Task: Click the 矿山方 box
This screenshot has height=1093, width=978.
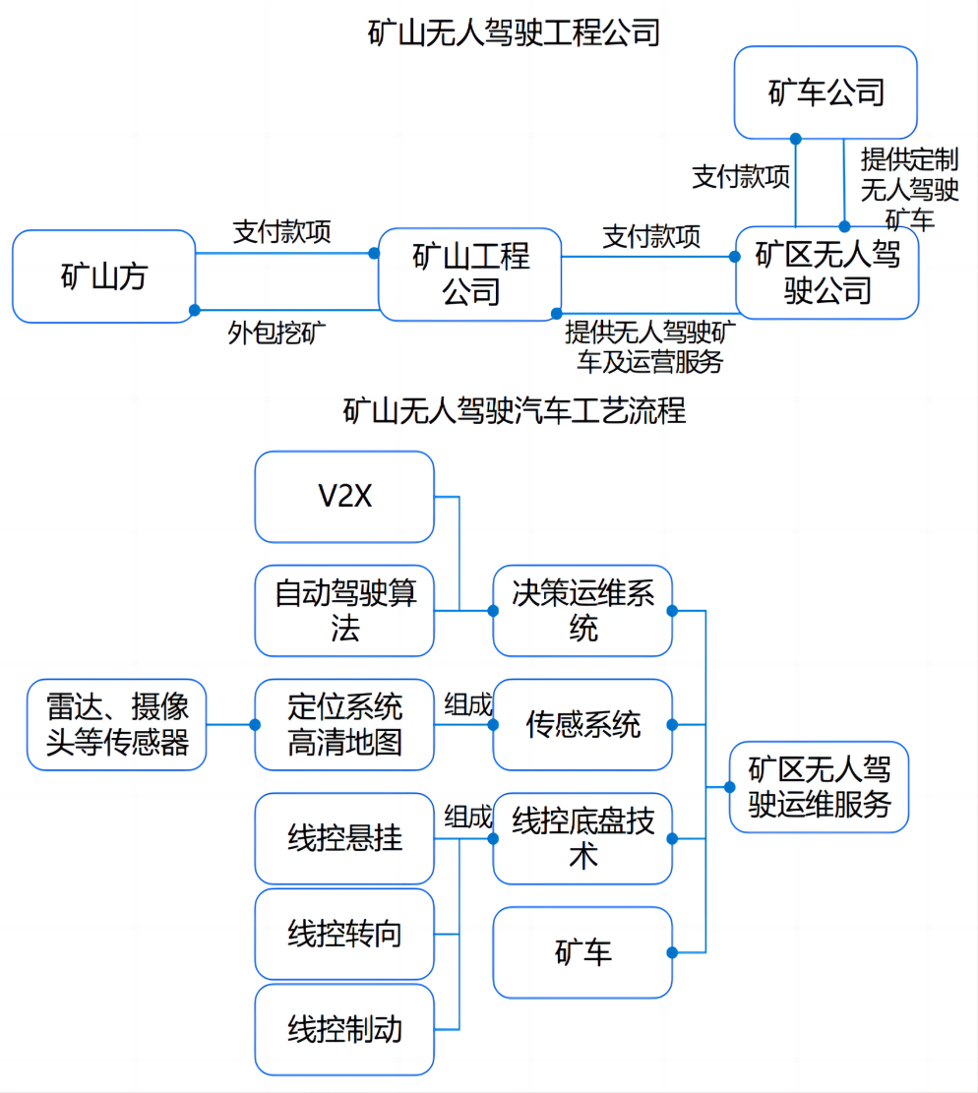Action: tap(103, 276)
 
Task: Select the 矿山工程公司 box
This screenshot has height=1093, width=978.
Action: tap(469, 274)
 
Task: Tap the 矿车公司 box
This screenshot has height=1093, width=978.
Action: tap(825, 92)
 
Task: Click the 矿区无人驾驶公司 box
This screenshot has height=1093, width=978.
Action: tap(827, 273)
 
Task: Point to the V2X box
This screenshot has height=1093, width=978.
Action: tap(344, 497)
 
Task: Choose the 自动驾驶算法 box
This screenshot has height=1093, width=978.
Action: tap(344, 611)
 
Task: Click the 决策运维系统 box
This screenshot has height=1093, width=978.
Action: tap(582, 611)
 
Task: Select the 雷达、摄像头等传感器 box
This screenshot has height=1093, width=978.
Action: tap(117, 724)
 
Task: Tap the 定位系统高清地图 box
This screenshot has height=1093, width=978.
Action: tap(344, 724)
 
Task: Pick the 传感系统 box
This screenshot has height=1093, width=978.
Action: tap(582, 725)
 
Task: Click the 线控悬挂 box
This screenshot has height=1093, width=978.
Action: tap(344, 838)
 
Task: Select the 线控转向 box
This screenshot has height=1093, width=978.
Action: tap(344, 934)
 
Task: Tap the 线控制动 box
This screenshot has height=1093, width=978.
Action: tap(344, 1029)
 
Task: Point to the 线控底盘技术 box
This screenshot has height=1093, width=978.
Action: tap(582, 838)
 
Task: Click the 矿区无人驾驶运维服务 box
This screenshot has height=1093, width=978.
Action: tap(819, 787)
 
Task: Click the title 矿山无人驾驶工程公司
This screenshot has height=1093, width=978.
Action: tap(514, 32)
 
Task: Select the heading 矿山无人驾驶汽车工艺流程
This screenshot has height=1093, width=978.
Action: tap(514, 409)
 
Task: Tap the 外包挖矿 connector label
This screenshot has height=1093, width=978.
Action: tap(277, 333)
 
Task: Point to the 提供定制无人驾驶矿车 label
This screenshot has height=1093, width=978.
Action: tap(909, 188)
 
